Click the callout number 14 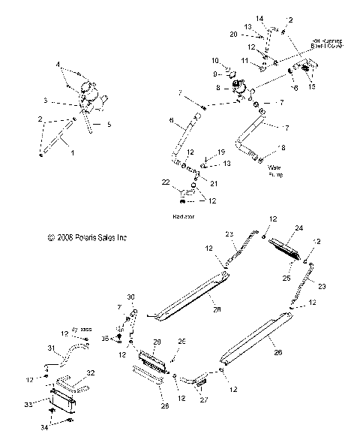[x=259, y=17]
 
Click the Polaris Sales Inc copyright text [x=88, y=237]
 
